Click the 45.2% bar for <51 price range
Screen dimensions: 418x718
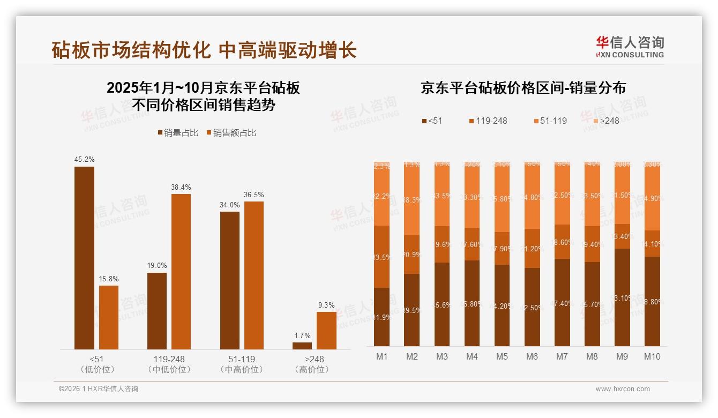(84, 258)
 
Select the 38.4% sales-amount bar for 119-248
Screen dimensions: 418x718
(181, 271)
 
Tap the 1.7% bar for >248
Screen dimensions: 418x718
(302, 346)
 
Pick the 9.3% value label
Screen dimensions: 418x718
(326, 305)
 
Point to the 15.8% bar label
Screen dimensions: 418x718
(109, 279)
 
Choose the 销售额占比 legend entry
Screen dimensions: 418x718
(231, 133)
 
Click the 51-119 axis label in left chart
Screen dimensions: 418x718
(241, 359)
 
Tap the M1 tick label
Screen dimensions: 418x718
(382, 356)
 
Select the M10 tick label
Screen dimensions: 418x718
(652, 356)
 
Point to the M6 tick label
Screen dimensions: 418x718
(532, 356)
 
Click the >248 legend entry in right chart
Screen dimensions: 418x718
(605, 121)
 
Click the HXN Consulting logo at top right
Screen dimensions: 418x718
(630, 47)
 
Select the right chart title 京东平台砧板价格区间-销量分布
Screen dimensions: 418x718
(523, 88)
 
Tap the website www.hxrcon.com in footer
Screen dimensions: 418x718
(623, 389)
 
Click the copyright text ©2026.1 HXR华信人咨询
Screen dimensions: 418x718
(99, 389)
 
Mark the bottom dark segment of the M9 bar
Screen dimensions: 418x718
(622, 297)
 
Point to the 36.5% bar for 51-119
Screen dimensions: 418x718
(254, 275)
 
